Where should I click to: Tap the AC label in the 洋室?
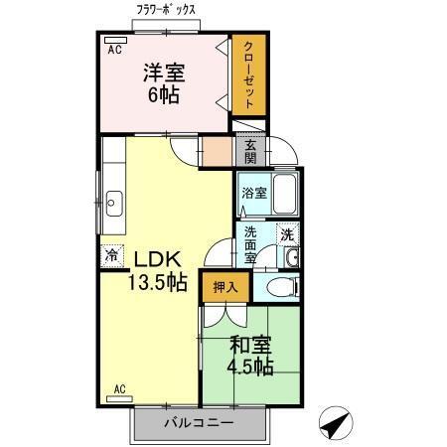click(113, 48)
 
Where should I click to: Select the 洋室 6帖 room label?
click(164, 84)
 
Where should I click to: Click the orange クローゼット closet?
click(247, 76)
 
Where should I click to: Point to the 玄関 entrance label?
click(251, 152)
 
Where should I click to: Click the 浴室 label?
click(254, 193)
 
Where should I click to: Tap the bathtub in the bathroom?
click(285, 194)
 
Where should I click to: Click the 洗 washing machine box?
click(287, 235)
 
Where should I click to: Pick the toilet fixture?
click(279, 288)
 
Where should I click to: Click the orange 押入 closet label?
click(223, 287)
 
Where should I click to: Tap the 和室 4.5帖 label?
click(251, 357)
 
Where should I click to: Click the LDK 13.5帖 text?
click(156, 270)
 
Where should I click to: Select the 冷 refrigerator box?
click(111, 255)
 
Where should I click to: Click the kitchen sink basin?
click(111, 203)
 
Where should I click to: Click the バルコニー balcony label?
click(199, 424)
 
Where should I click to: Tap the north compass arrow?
click(337, 424)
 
